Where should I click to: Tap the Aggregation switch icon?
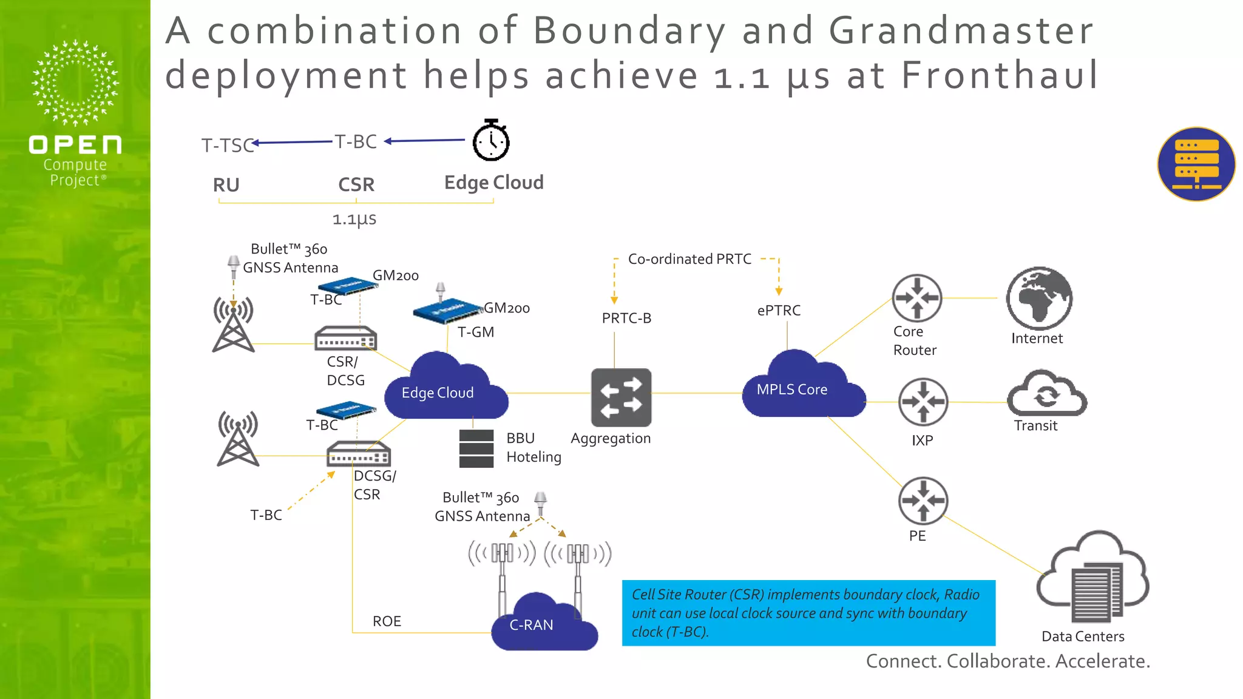coord(621,397)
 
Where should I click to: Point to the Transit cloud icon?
coord(1046,394)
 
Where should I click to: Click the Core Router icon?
coord(916,298)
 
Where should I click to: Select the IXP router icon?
coord(923,402)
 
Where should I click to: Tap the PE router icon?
coord(923,501)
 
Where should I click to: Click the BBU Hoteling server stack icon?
coord(476,448)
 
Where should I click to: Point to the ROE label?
coord(387,621)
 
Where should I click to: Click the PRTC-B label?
coord(626,318)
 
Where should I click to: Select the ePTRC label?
coord(779,311)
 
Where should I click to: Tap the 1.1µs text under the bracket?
coord(354,219)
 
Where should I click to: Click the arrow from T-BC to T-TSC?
coord(293,142)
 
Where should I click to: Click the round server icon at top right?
coord(1196,164)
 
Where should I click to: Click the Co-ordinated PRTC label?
coord(689,259)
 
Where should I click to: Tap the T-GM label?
coord(476,332)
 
